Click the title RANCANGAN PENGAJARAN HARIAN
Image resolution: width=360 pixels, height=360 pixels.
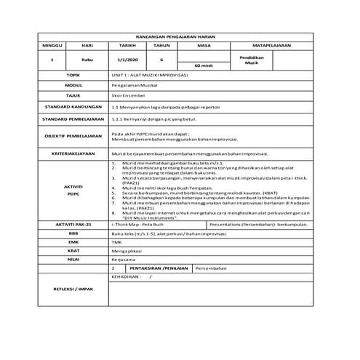click(x=180, y=35)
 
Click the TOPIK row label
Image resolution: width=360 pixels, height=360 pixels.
click(x=72, y=75)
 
